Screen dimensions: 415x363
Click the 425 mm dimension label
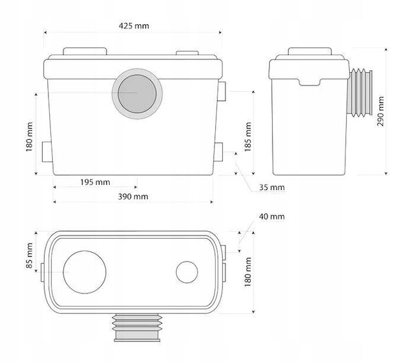point(133,26)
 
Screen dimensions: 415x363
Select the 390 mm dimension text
point(133,196)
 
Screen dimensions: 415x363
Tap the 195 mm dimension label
point(95,182)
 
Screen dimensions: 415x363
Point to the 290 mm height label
point(381,111)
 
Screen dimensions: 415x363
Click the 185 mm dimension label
point(248,137)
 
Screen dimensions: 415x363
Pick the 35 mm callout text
point(272,187)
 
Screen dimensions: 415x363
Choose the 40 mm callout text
point(272,216)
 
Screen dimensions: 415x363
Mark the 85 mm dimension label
point(29,256)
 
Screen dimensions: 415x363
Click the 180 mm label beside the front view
point(29,137)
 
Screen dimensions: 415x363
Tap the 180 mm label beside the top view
point(248,272)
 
